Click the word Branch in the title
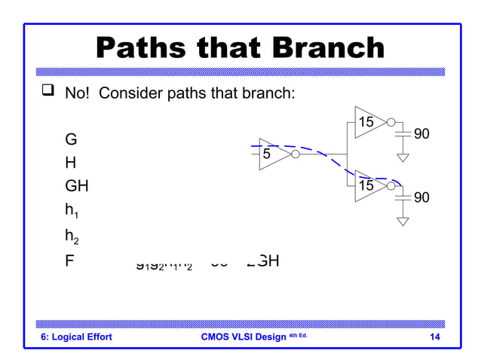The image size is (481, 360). (x=323, y=49)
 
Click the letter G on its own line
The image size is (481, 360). (x=71, y=140)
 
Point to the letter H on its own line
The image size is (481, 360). (x=71, y=163)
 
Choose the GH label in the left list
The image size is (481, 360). (x=77, y=187)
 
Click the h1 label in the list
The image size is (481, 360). (x=72, y=212)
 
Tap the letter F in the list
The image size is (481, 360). (x=70, y=261)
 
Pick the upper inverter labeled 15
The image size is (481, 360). (x=369, y=122)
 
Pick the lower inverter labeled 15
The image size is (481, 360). (x=369, y=186)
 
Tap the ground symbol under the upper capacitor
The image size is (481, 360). (x=403, y=158)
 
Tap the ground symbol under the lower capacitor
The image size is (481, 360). (x=403, y=221)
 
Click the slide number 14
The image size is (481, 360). (x=434, y=337)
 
